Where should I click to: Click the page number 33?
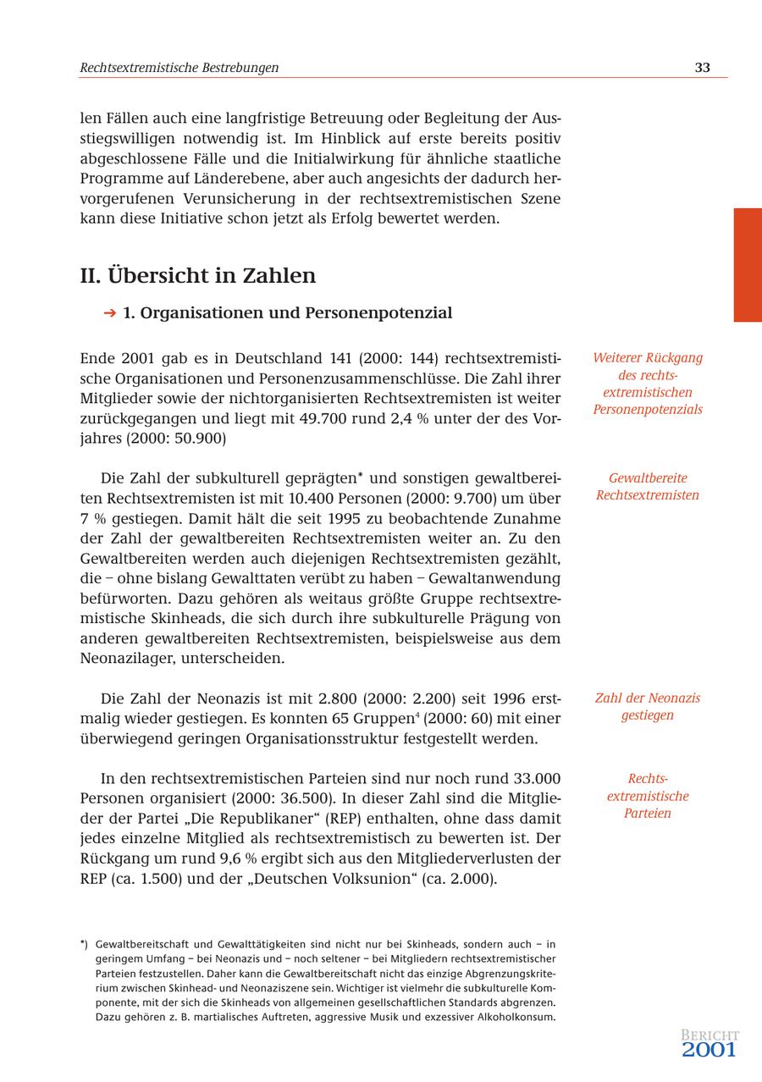coord(702,68)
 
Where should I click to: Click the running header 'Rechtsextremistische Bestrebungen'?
coord(179,68)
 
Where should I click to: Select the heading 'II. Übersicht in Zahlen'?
coord(197,275)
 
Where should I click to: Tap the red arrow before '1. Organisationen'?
coord(109,313)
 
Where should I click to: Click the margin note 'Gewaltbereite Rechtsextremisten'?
coord(648,487)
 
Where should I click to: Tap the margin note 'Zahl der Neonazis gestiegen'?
coord(648,707)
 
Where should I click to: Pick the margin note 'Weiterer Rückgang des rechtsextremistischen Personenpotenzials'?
coord(648,384)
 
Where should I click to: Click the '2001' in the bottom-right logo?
coord(709,1050)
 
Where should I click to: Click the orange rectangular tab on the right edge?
coord(747,265)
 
